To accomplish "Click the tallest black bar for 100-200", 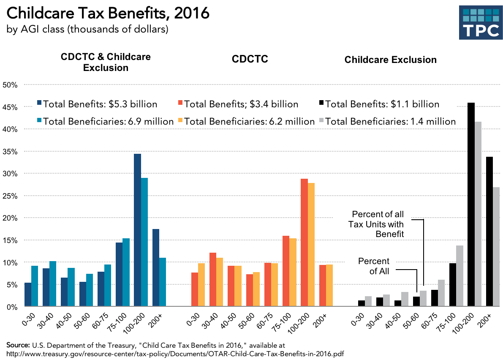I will click(471, 205).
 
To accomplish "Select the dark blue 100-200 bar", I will click(137, 230).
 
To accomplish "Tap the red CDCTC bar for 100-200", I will click(304, 243).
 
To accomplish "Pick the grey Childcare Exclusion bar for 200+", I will click(496, 247).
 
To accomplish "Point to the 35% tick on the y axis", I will click(10, 151).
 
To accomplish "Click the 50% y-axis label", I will click(10, 85).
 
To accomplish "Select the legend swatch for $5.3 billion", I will click(39, 104).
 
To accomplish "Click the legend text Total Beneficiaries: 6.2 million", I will click(250, 122).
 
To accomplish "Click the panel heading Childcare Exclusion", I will click(390, 60).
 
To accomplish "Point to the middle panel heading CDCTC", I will click(250, 60).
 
